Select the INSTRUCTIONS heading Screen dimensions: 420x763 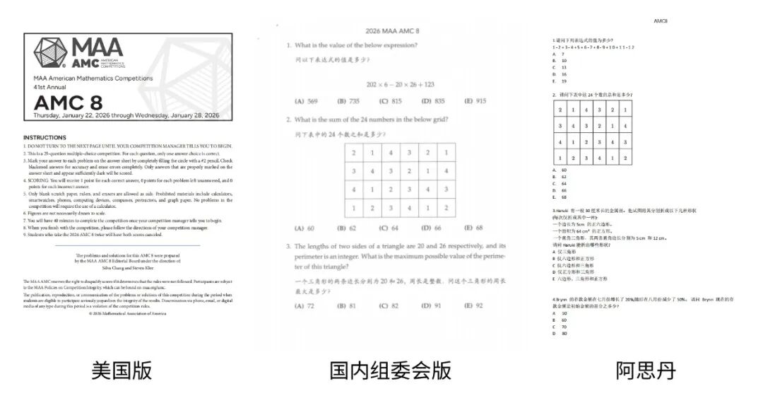tap(45, 137)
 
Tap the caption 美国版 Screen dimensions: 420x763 tap(122, 370)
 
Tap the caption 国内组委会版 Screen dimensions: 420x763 tap(390, 370)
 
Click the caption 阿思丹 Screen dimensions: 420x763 tap(646, 370)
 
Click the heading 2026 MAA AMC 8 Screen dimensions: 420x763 tap(393, 32)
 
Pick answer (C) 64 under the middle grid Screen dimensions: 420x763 tap(389, 228)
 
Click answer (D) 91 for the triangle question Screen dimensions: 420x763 tap(432, 305)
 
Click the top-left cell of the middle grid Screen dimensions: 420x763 tap(353, 153)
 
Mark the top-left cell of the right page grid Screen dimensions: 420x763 tap(560, 110)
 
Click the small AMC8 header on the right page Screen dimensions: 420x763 tap(661, 21)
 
